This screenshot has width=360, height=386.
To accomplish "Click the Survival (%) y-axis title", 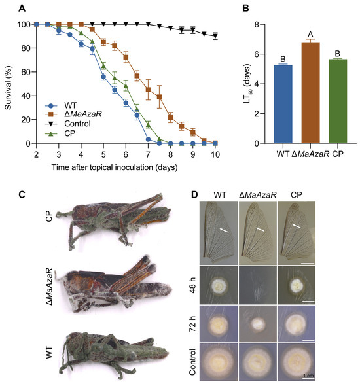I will [x=7, y=84].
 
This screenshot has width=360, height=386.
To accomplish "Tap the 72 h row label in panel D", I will [x=192, y=325].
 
